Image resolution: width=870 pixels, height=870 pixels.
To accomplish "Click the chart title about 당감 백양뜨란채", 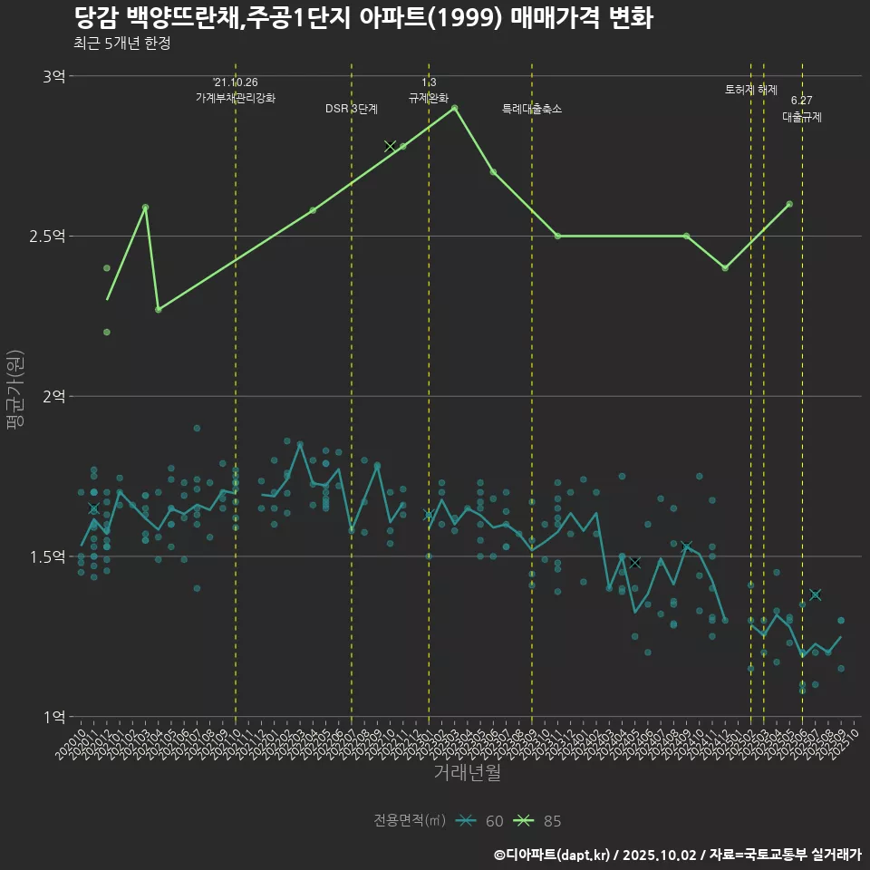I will [362, 18].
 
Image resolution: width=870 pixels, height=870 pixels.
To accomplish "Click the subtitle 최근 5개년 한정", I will [121, 43].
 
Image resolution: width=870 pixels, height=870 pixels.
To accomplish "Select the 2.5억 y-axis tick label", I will [48, 237].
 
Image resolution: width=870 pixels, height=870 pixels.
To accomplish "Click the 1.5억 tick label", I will [48, 556].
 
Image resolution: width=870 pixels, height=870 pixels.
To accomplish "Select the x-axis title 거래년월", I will [467, 773].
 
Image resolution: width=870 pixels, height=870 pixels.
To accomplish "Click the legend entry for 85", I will [541, 821].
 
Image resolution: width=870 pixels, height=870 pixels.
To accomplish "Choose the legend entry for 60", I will [483, 821].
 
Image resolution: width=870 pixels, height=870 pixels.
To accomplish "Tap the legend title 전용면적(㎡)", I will [410, 821].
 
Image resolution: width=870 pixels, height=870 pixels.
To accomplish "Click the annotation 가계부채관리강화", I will [236, 98].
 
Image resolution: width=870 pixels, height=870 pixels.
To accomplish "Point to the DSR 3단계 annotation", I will [352, 109].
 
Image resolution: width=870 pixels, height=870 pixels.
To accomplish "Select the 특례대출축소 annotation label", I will [532, 109].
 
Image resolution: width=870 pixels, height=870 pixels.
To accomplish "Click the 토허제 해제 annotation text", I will [751, 90].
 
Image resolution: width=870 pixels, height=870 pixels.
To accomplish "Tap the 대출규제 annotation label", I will [802, 117].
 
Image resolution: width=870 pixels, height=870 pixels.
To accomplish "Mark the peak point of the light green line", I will [455, 108].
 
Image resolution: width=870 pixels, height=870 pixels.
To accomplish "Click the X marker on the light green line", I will [391, 146].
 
